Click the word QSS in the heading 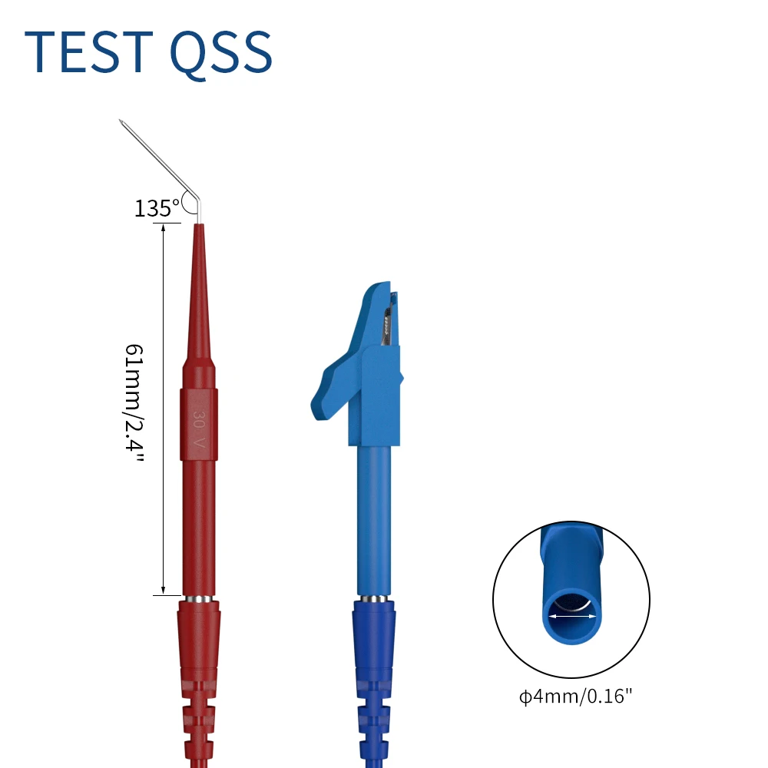pos(220,54)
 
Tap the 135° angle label pos(157,207)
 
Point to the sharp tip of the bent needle pos(121,121)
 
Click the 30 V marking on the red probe pos(199,429)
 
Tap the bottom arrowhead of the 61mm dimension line pos(163,589)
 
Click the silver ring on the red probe pos(199,598)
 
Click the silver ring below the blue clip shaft pos(373,598)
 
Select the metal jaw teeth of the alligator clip pos(390,323)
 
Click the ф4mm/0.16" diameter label pos(576,697)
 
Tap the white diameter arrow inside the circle pos(571,614)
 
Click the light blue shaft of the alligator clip pos(373,522)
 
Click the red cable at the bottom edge pos(199,760)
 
